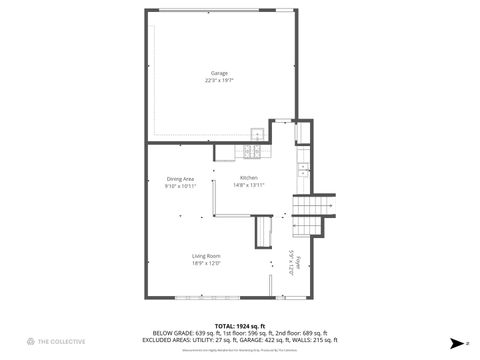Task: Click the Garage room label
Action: pos(219,73)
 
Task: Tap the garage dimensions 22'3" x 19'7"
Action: pos(219,80)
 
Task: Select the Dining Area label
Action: pos(180,178)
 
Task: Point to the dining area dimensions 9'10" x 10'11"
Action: pos(180,185)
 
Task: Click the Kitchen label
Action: pos(248,178)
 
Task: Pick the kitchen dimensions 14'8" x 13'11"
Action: pos(248,185)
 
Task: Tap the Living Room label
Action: pos(206,256)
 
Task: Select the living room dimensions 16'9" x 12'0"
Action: pos(206,263)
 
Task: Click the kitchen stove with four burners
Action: pos(252,151)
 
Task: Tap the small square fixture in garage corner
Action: pos(257,135)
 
